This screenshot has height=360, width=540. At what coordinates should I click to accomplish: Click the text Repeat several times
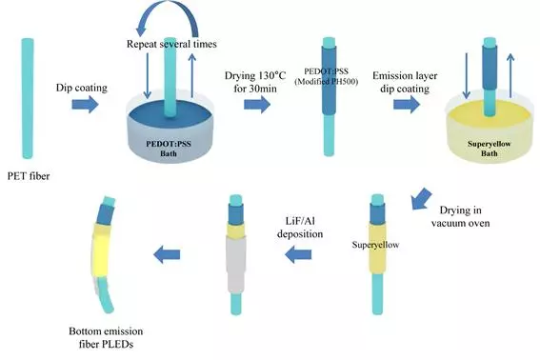(x=171, y=45)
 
